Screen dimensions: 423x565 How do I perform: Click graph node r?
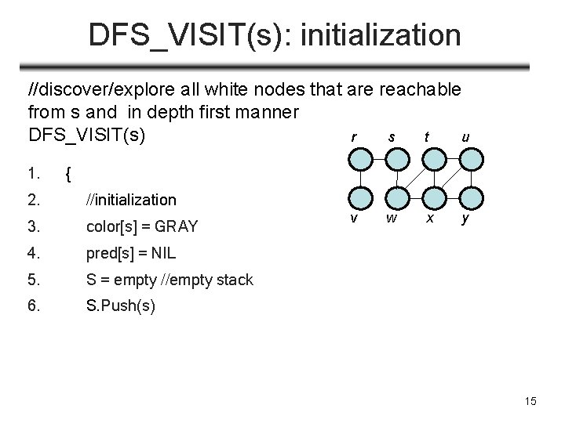(360, 160)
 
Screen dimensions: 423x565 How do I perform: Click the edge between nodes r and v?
(360, 179)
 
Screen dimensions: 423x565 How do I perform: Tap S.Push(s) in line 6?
(120, 306)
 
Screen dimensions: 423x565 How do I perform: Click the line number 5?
(34, 280)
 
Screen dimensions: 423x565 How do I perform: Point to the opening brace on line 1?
(69, 175)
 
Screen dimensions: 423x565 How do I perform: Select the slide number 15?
(530, 402)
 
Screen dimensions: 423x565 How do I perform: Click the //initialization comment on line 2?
(131, 201)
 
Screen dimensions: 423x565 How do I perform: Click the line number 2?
(34, 201)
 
